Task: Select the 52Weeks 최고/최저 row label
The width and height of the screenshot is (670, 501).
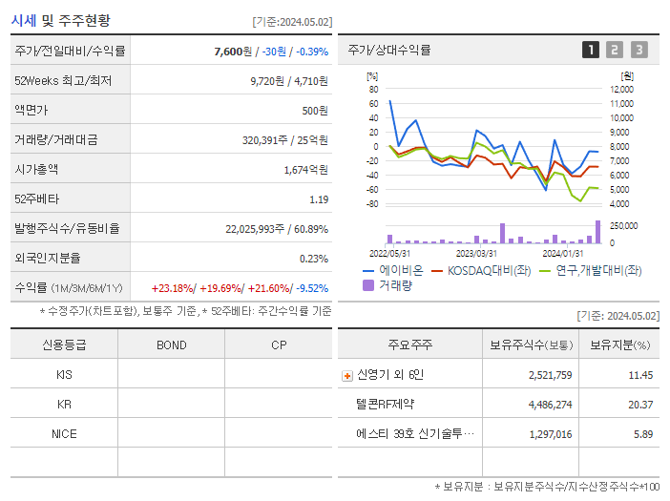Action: [x=63, y=81]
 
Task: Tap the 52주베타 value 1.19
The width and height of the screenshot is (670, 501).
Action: [x=319, y=199]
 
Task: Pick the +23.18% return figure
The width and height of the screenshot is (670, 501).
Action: [x=174, y=288]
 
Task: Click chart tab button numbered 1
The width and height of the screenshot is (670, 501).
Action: [x=591, y=50]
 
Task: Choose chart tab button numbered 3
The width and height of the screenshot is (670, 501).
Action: [x=639, y=50]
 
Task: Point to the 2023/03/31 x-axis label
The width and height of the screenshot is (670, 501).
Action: [x=476, y=253]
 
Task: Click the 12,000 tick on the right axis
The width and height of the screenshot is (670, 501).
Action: [x=620, y=89]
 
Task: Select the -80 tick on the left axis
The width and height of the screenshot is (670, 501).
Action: [x=373, y=204]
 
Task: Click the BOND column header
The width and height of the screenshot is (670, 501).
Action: [x=171, y=344]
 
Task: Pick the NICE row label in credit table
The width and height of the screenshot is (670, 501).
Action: [x=64, y=433]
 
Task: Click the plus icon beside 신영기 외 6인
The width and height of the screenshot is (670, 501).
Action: [x=347, y=376]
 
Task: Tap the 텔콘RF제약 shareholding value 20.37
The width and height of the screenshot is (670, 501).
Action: [x=640, y=405]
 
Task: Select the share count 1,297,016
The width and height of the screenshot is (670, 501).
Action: [x=550, y=434]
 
